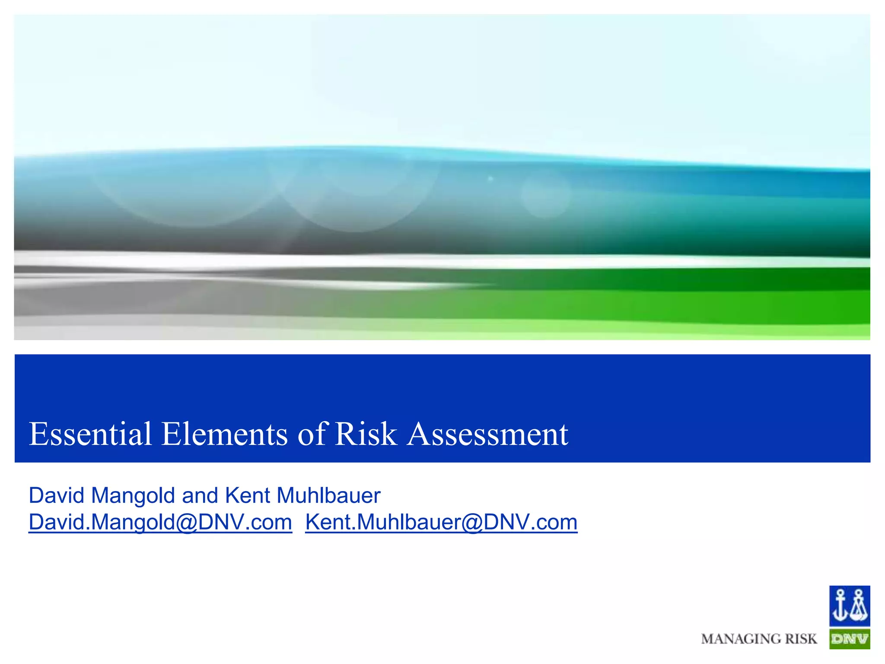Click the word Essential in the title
point(90,434)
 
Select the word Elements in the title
point(224,434)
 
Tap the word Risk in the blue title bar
point(366,434)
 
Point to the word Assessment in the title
point(488,434)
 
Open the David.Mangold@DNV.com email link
point(160,522)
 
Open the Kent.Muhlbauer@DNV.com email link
point(441,522)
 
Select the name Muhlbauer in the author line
point(328,495)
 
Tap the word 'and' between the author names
point(200,495)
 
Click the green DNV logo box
point(849,639)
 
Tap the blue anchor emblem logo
point(849,606)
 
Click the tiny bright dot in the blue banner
point(490,178)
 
